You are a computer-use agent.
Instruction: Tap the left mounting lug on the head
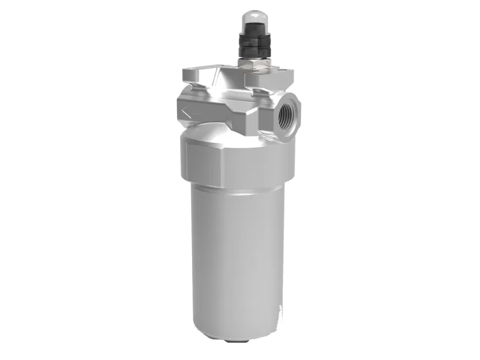click(x=193, y=77)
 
